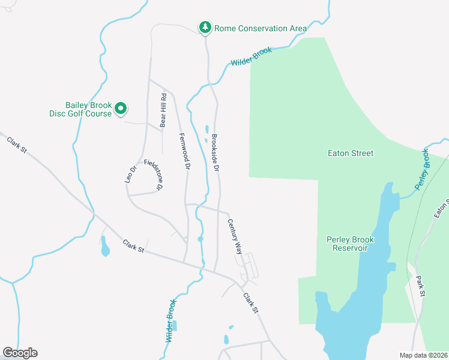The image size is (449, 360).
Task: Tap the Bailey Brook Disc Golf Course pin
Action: (121, 109)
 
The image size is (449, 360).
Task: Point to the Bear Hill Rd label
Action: (163, 110)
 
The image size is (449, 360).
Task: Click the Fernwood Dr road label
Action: (184, 151)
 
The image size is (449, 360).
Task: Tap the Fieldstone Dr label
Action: (152, 175)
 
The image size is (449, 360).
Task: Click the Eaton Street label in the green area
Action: (351, 153)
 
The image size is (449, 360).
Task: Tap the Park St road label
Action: (420, 286)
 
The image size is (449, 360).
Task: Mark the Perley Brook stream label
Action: (424, 169)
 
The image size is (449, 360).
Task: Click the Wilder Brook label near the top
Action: (252, 57)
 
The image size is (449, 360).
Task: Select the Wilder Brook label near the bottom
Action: (170, 321)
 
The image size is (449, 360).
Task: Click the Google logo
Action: (20, 353)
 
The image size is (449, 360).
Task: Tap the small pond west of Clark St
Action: (105, 247)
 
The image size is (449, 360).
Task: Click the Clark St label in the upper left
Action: (17, 148)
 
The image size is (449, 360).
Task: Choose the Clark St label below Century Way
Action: (250, 303)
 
